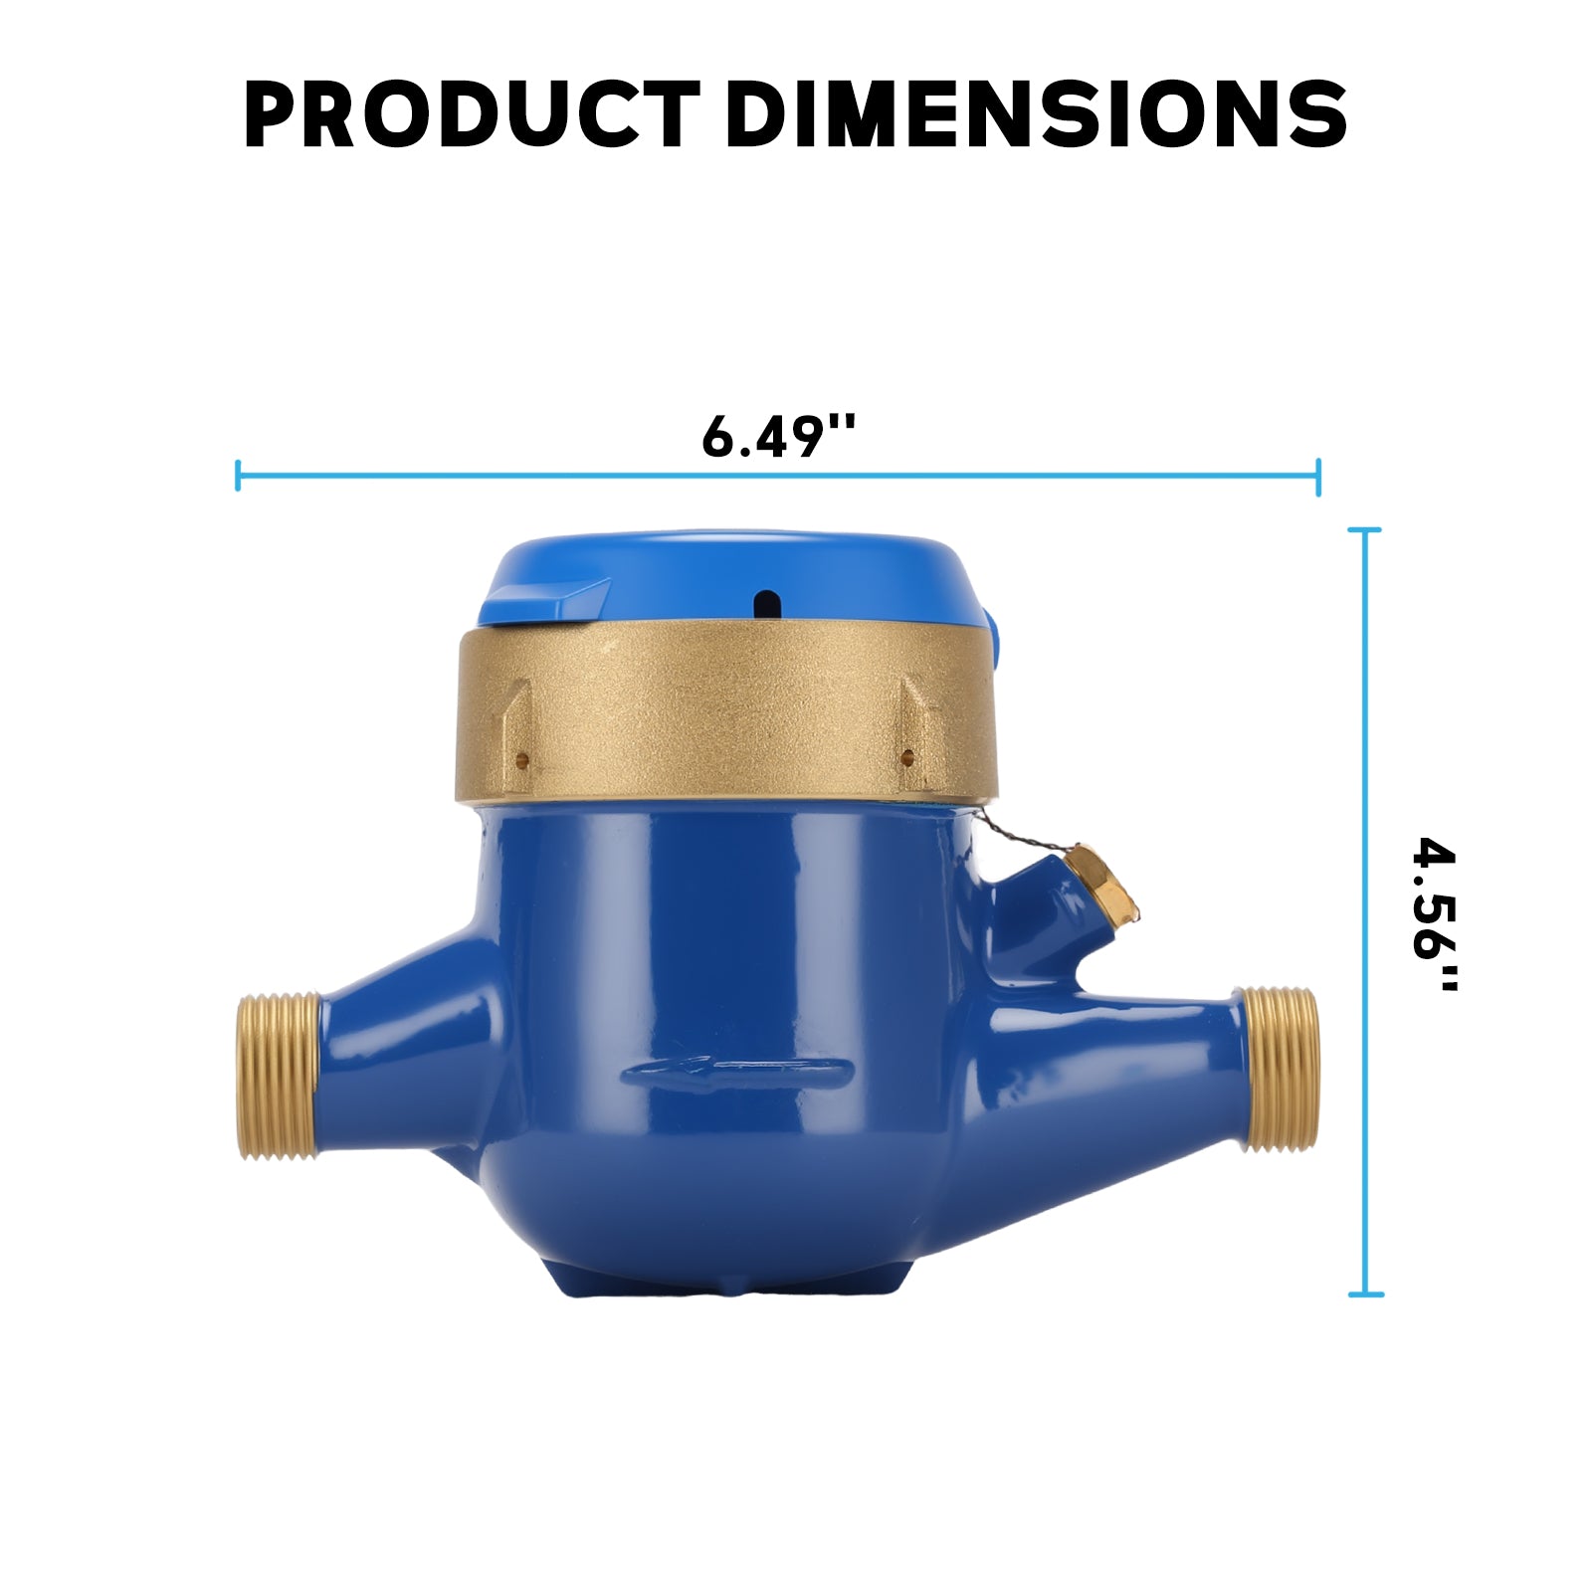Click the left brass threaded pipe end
(x=279, y=1076)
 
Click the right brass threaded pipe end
(x=1282, y=1069)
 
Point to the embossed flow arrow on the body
(x=736, y=1072)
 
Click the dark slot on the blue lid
(x=767, y=601)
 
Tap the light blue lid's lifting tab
(x=545, y=602)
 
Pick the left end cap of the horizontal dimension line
(x=238, y=476)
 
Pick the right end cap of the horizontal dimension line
(x=1318, y=477)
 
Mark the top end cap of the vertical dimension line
(x=1365, y=531)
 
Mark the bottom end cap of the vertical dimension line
(x=1365, y=1294)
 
